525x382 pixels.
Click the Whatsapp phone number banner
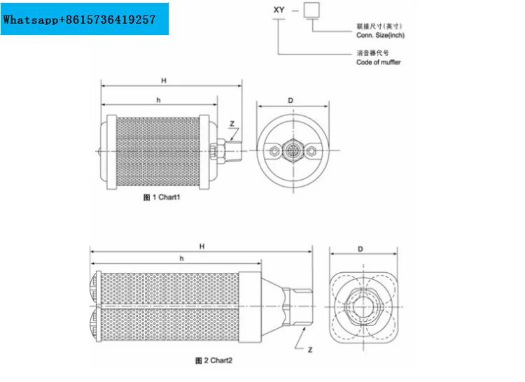click(x=85, y=19)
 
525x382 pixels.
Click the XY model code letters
click(x=279, y=10)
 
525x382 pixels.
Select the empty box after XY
click(x=311, y=10)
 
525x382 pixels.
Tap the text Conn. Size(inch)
click(x=380, y=35)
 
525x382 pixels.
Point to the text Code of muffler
click(x=378, y=62)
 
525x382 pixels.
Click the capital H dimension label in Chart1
click(x=164, y=80)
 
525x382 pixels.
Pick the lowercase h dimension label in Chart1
click(x=158, y=100)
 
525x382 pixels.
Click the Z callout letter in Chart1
click(x=232, y=124)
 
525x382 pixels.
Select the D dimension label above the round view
click(x=290, y=100)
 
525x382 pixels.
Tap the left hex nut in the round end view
click(x=274, y=151)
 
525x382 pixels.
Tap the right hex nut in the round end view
click(x=311, y=151)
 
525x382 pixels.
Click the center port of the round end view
click(x=293, y=150)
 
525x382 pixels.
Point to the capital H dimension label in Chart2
click(x=202, y=246)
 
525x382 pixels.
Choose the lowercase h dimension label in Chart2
click(x=181, y=258)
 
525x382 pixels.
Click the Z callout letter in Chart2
click(x=310, y=350)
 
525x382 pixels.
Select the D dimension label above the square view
click(x=360, y=249)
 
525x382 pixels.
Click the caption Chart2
click(x=213, y=360)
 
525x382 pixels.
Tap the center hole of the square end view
click(x=363, y=306)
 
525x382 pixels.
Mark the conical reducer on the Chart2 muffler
click(x=272, y=306)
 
